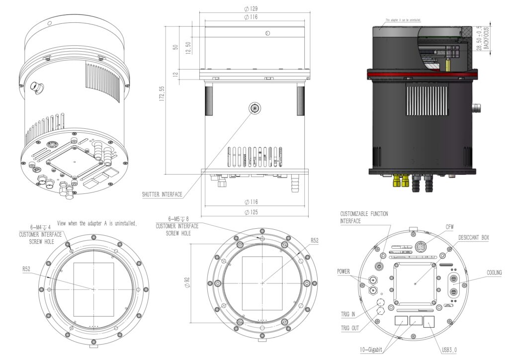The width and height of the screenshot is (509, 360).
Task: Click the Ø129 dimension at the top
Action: coord(251,9)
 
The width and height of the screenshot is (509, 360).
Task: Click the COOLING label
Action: coord(494,272)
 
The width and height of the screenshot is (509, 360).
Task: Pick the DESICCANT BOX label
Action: coord(473,238)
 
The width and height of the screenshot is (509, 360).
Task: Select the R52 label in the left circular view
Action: coord(28,269)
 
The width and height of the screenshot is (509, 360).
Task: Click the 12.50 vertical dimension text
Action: coord(189,48)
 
